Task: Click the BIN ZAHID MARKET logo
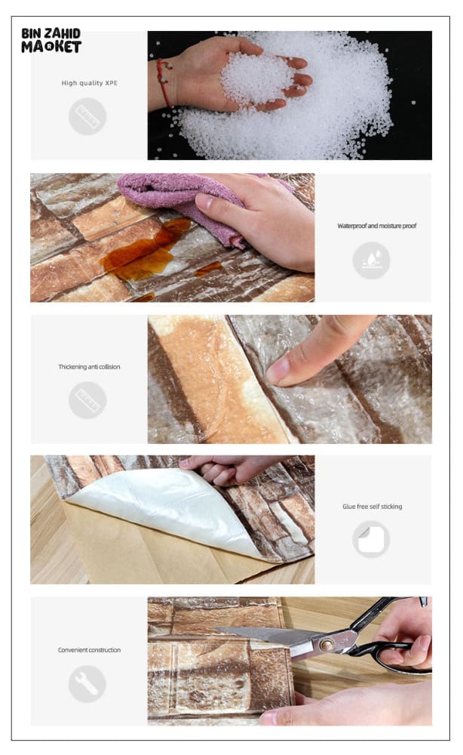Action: [x=51, y=41]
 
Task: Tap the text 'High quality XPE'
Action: [x=90, y=83]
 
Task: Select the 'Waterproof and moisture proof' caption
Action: [x=377, y=226]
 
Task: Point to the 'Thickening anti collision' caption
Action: [x=90, y=367]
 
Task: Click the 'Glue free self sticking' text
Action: [x=372, y=507]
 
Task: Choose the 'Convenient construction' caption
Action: [x=90, y=650]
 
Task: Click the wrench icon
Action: [x=87, y=683]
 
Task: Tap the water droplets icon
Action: [x=371, y=260]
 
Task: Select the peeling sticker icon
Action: [x=371, y=539]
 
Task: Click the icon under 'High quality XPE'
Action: [x=87, y=116]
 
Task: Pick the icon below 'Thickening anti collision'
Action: [x=87, y=400]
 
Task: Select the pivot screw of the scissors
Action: [x=327, y=644]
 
